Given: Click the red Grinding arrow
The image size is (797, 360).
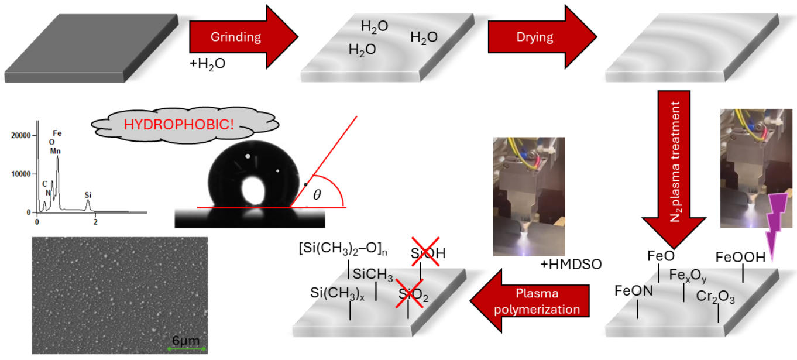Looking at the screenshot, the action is coord(243,37).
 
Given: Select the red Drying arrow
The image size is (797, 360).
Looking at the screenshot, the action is coord(542,37).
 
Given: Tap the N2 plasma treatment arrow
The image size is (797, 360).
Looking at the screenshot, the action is coord(674,167).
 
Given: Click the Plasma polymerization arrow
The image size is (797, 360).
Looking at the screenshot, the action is coord(530,301).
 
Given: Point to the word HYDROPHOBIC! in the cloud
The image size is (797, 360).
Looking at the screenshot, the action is coord(178,124).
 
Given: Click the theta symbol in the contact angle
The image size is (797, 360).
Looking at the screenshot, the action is coord(317,194).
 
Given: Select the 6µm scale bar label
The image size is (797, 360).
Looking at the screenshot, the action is coord(185,340).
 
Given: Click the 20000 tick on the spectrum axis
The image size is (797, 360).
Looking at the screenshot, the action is coord(21,135).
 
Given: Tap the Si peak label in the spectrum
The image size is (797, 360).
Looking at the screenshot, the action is coord(88,195).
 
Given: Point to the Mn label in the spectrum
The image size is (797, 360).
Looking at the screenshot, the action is coord(55,151).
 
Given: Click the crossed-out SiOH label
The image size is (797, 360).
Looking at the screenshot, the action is coord(428,253).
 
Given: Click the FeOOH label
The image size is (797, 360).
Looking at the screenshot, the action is coord(740,257).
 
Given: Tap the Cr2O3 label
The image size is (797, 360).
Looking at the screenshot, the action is coord(715,297).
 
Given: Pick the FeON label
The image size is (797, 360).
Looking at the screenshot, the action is coord(633,290).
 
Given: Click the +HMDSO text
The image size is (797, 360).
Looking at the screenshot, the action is coord(571,264).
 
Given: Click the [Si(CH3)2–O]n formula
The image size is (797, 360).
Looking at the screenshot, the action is coord(343,248).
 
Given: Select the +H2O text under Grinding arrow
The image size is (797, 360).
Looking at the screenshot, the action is coord(207,64).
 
